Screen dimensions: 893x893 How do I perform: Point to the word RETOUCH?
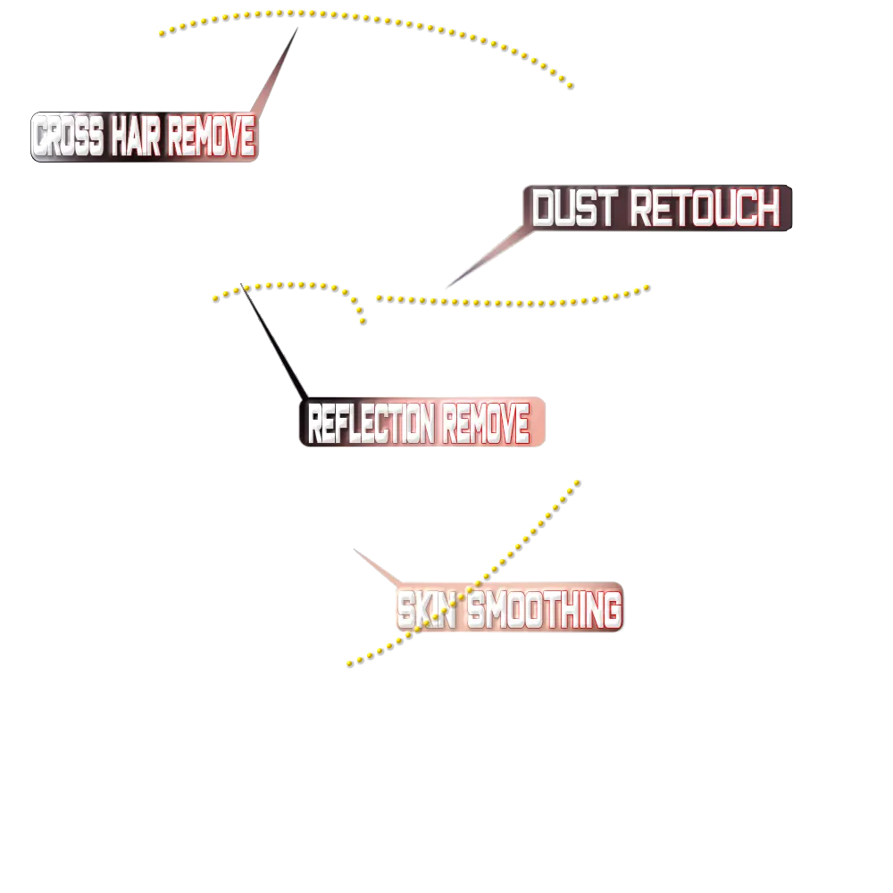tap(705, 209)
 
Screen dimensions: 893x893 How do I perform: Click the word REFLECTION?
tap(371, 424)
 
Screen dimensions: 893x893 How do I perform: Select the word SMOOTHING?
tap(544, 611)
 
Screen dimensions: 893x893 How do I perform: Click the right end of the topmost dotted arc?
tap(572, 87)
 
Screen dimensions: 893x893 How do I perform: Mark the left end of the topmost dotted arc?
tap(163, 34)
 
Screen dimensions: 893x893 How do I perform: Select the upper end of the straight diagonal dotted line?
tap(580, 481)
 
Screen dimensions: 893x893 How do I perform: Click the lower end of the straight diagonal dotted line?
tap(347, 665)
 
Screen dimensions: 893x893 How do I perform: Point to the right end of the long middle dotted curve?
tap(646, 283)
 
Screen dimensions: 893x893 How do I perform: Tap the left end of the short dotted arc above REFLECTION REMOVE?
tap(213, 301)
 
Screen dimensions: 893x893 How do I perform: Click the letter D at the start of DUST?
tap(544, 209)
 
